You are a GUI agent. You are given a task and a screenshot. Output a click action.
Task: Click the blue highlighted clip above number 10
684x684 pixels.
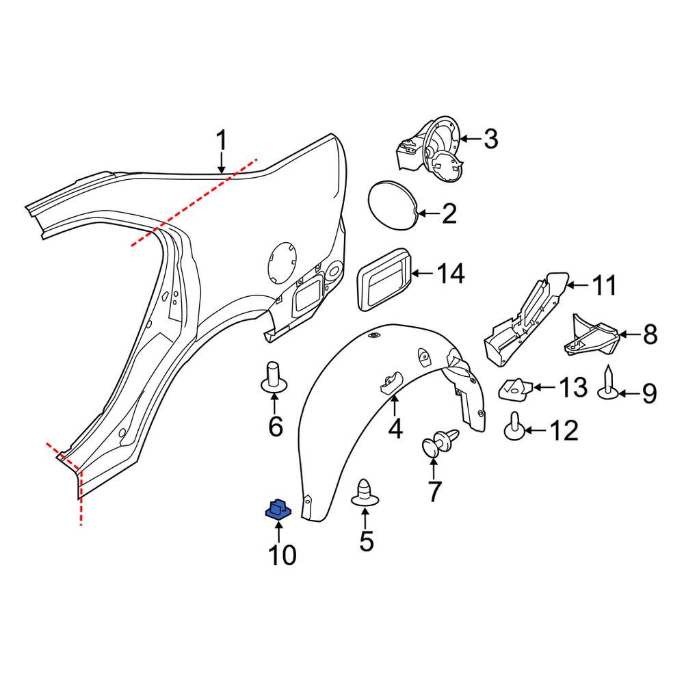pos(278,510)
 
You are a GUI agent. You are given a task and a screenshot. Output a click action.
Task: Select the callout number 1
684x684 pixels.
pos(222,140)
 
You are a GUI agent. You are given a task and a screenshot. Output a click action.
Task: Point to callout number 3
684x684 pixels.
pos(490,139)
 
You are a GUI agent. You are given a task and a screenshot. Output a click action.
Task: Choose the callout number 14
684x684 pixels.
pos(451,274)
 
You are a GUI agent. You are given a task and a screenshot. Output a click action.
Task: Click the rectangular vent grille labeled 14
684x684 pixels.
pos(384,279)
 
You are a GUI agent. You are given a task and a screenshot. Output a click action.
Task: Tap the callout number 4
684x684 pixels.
pos(395,429)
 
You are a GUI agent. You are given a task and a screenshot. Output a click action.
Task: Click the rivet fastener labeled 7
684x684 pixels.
pos(440,441)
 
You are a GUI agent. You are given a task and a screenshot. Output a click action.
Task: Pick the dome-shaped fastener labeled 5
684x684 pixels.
pos(365,493)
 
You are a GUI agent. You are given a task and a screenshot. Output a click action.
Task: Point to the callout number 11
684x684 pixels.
pos(604,285)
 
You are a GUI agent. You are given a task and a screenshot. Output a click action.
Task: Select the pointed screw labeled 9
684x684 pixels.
pos(609,383)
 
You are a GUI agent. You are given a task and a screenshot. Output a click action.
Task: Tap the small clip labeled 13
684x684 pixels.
pos(516,389)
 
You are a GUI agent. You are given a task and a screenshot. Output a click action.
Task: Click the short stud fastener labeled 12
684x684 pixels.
pos(515,427)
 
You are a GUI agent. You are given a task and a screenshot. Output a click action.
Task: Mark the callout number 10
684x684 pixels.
pos(282,555)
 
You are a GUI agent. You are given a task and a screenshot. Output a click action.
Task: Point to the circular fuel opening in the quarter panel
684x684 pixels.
pos(282,263)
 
